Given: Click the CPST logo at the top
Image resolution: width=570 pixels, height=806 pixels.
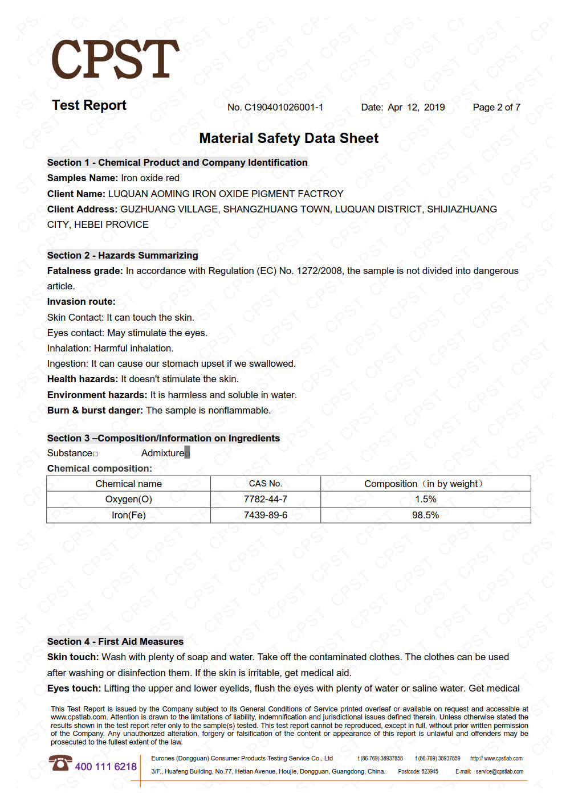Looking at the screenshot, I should (x=115, y=60).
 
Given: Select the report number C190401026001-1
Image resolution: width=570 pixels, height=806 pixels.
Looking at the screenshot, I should (x=283, y=107).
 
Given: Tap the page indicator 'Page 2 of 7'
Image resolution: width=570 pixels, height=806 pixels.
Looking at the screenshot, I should (x=496, y=107).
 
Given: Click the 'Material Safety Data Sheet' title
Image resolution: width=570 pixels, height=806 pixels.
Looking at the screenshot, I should (x=288, y=138).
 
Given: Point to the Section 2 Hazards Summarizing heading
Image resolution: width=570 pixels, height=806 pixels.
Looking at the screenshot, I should (x=123, y=255).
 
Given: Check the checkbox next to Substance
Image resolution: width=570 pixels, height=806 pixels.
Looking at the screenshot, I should (x=95, y=454).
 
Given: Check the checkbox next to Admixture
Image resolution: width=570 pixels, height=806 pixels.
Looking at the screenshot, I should (x=187, y=453).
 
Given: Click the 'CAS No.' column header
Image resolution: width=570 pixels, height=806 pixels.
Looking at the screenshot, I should (x=265, y=484).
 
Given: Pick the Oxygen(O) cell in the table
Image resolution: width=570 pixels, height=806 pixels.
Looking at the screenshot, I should (x=128, y=500).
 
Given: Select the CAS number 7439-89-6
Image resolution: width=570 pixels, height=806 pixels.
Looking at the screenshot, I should (x=265, y=515).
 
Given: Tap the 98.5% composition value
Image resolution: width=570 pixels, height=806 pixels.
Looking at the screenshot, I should (x=425, y=515).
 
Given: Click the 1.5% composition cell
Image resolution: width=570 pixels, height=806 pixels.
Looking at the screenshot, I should (x=425, y=500).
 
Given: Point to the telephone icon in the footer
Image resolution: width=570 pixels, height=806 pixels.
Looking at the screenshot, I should (x=60, y=763).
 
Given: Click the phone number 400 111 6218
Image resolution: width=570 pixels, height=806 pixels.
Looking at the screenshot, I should (x=105, y=767).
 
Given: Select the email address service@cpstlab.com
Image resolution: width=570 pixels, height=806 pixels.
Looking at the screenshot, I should (x=499, y=772).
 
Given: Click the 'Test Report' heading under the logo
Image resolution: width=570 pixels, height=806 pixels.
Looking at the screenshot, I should (x=89, y=105).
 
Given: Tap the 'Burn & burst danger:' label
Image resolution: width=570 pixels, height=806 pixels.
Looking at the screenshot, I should (x=95, y=411).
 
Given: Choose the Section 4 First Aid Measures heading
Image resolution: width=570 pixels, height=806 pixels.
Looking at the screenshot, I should (x=115, y=641).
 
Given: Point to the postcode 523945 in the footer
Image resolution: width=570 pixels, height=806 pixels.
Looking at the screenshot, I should (x=429, y=772).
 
